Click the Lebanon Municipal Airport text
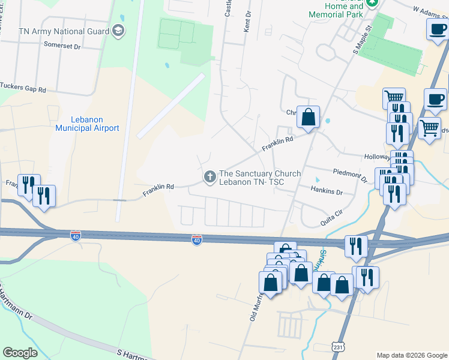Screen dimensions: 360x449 pyautogui.click(x=87, y=124)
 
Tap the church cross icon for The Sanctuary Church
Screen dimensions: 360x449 pyautogui.click(x=210, y=176)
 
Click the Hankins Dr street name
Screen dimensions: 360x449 pyautogui.click(x=327, y=192)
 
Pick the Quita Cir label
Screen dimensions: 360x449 pyautogui.click(x=334, y=219)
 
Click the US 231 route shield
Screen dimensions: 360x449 pyautogui.click(x=338, y=347)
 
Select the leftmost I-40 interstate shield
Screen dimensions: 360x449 pyautogui.click(x=76, y=236)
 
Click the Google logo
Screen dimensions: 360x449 pyautogui.click(x=20, y=353)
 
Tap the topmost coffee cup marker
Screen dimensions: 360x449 pyautogui.click(x=437, y=28)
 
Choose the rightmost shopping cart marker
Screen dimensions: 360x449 pyautogui.click(x=429, y=127)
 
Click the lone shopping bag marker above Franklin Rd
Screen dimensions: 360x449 pyautogui.click(x=308, y=117)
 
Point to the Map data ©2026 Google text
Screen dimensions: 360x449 pyautogui.click(x=412, y=355)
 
